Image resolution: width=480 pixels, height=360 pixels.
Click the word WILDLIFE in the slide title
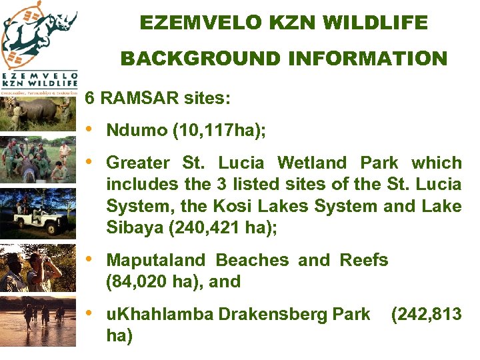[x=376, y=23]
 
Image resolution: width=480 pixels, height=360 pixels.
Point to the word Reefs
[x=364, y=260]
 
